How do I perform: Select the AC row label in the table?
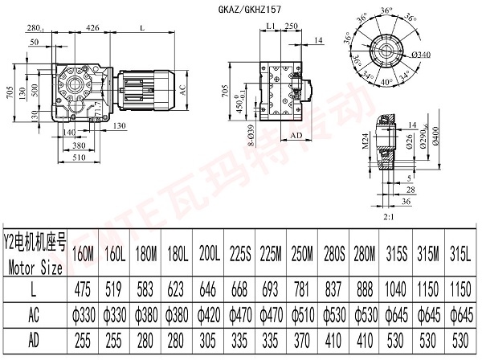(34, 314)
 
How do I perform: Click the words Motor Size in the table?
(34, 264)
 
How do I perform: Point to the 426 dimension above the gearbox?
(93, 28)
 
